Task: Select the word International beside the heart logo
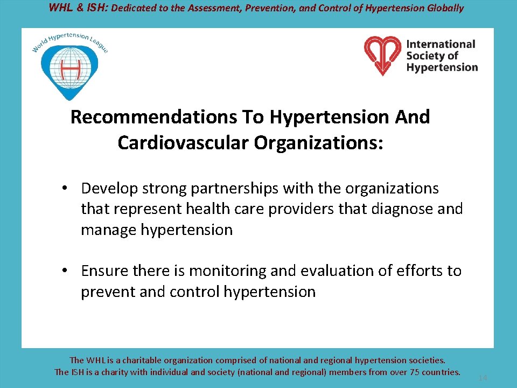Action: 441,44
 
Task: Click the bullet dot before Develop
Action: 64,189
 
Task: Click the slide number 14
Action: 483,378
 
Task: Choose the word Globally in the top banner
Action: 444,8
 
